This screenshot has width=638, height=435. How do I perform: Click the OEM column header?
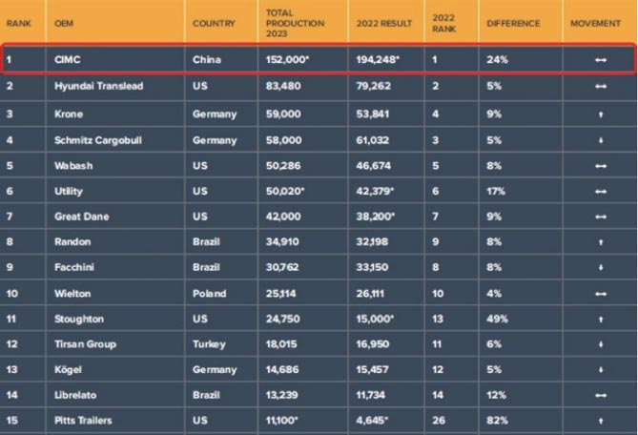(65, 23)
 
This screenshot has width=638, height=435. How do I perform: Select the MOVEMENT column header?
(595, 23)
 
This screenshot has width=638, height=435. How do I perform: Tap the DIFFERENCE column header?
(513, 23)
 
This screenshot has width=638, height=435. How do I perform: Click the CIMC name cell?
(70, 59)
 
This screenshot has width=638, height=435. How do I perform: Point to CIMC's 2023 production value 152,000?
(288, 59)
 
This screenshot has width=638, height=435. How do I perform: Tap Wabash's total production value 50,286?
(285, 164)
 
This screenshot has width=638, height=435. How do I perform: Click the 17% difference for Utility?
(496, 191)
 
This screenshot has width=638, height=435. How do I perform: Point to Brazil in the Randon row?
(206, 242)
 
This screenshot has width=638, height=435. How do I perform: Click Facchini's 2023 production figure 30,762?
(285, 268)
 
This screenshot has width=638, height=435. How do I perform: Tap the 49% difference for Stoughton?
(497, 319)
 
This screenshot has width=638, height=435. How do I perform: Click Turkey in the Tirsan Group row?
(208, 344)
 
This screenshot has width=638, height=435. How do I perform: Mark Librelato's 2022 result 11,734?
(374, 395)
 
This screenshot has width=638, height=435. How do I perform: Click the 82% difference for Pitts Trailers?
(497, 420)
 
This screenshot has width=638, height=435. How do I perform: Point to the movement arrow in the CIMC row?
(601, 59)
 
